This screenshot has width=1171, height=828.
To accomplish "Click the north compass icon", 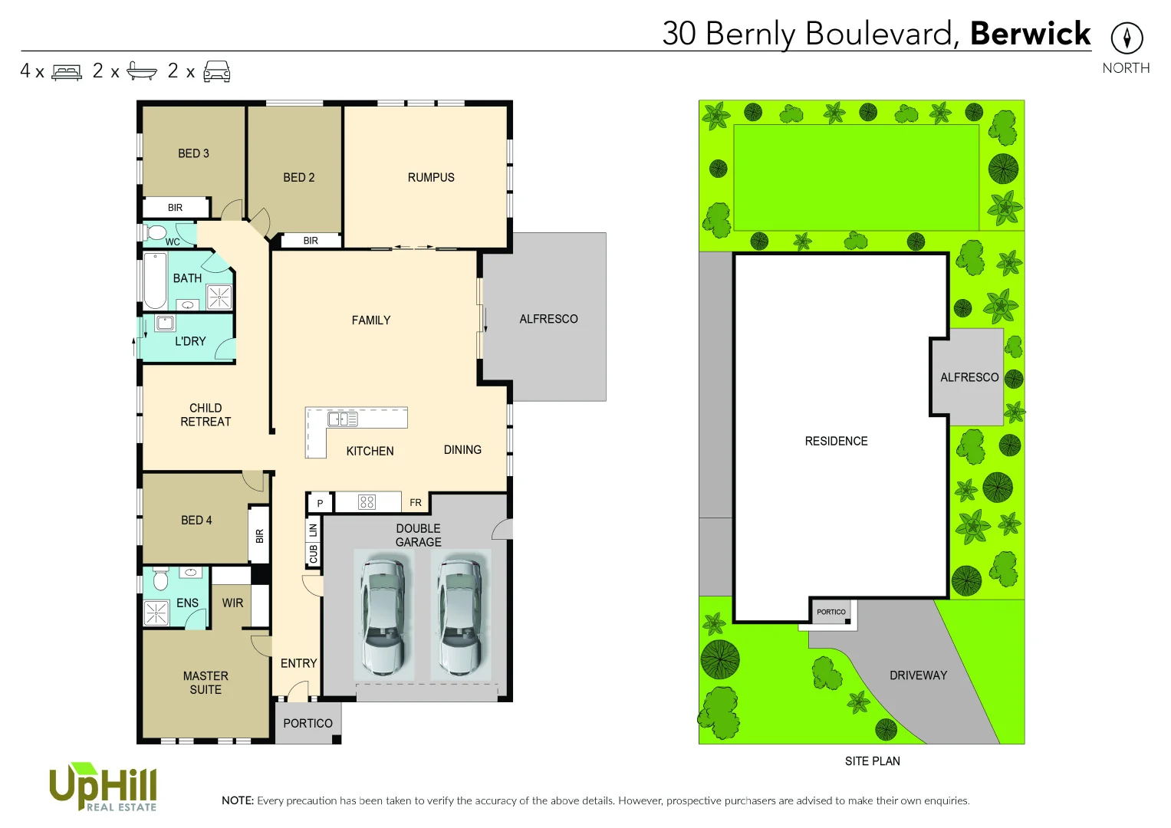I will click(x=1127, y=38).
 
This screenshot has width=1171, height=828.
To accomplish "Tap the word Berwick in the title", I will click(x=1030, y=34).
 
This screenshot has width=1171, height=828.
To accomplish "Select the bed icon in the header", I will click(x=67, y=72).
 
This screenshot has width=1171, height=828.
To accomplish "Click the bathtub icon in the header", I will click(x=142, y=71).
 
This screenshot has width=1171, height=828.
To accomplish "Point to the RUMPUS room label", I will click(x=431, y=177).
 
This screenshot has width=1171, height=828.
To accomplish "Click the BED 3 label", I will click(x=193, y=153).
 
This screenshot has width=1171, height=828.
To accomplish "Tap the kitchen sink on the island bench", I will click(x=342, y=419).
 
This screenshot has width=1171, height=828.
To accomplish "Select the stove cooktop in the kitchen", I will click(x=367, y=502).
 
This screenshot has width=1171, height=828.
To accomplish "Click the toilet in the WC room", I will click(x=156, y=232).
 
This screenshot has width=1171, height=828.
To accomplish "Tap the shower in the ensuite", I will click(x=156, y=613).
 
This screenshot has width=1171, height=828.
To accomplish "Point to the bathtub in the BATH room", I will click(x=155, y=281).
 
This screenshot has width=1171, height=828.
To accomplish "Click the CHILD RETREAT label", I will click(x=206, y=415).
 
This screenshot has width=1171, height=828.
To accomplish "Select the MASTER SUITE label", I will click(x=206, y=682).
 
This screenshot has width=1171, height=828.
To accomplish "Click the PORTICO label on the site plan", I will click(x=831, y=612).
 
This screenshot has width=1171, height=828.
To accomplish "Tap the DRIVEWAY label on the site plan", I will click(x=918, y=675).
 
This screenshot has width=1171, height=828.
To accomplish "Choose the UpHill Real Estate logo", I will click(x=103, y=787).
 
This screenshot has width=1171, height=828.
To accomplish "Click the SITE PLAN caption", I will click(x=872, y=761).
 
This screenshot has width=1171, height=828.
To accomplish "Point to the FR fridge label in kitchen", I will click(x=416, y=503).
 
